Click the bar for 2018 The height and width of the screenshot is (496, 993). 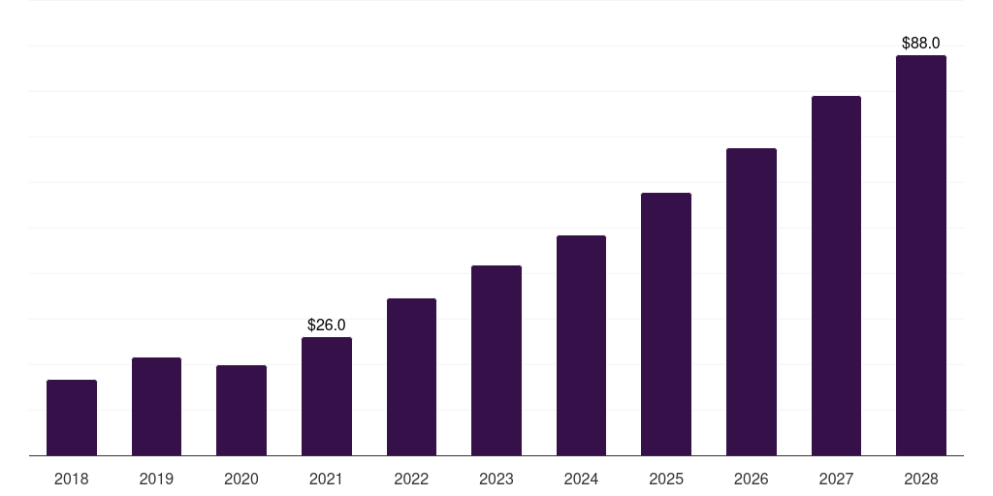tap(72, 418)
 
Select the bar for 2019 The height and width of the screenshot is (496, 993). tap(156, 407)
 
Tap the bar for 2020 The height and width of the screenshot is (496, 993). tap(241, 411)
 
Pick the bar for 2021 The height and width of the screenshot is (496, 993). tap(327, 396)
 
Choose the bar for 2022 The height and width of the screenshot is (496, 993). tap(411, 377)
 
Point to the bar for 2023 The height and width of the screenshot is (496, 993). tap(496, 360)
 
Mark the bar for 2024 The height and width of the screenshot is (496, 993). tap(581, 346)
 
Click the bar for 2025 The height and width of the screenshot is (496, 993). tap(666, 325)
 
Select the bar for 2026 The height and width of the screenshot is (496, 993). tap(752, 302)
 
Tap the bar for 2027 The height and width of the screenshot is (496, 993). tap(836, 276)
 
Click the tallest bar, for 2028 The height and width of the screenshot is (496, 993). tap(921, 256)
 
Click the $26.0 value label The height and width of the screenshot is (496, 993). tap(327, 325)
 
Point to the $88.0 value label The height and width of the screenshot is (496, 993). tap(921, 43)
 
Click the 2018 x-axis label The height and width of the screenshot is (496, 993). tap(72, 479)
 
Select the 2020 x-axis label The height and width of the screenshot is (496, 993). tap(241, 479)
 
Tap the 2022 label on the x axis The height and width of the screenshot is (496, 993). tap(411, 479)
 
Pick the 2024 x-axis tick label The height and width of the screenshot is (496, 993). tap(581, 479)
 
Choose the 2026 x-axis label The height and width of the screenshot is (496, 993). tap(752, 479)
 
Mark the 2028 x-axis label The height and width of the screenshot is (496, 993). tap(921, 479)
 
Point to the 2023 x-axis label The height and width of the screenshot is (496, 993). tap(496, 479)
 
